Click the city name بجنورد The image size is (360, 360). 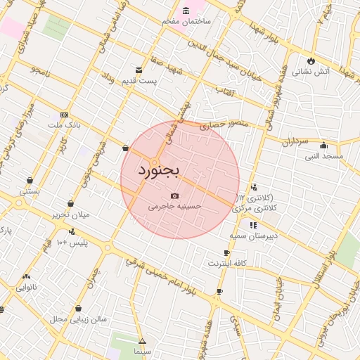coord(159,170)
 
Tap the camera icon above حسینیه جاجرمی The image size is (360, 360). coord(175,196)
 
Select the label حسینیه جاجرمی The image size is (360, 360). coord(175,207)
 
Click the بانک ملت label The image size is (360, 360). coord(65,125)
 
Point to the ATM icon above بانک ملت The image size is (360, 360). coord(65,115)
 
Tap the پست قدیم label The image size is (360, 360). coord(139,80)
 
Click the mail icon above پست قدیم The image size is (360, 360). coord(139,70)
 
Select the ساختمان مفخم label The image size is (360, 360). coord(186,22)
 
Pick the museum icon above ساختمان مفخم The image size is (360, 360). coord(186,11)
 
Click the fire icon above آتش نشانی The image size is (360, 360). coord(311,60)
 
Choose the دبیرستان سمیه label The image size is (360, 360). coord(257,236)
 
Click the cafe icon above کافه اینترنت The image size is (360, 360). coord(226,252)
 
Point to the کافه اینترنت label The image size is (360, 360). coord(226,263)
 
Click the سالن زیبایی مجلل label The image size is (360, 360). coord(79,319)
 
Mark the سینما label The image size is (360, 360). coord(143,350)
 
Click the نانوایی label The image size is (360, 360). coord(27,287)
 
